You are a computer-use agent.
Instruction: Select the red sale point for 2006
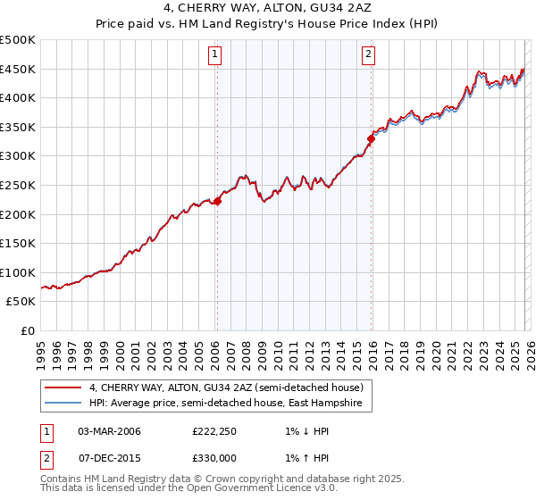217,201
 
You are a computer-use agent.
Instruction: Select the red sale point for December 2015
371,138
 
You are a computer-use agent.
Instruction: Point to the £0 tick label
29,330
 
